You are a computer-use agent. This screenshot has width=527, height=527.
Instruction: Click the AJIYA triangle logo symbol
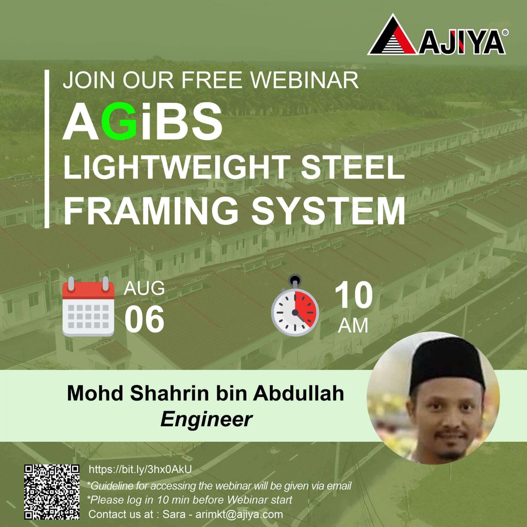click(x=393, y=37)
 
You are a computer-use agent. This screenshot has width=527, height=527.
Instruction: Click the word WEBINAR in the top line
click(x=305, y=80)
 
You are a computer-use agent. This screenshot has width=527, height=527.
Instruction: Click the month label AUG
click(x=144, y=288)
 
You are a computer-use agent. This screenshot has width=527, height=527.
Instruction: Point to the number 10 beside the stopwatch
click(x=353, y=295)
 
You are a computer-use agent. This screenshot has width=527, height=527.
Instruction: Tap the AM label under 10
click(x=353, y=325)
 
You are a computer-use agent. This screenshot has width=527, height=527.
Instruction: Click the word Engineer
click(x=206, y=419)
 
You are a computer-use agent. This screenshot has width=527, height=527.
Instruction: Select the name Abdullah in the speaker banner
click(x=298, y=393)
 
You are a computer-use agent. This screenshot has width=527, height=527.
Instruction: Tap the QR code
click(x=52, y=492)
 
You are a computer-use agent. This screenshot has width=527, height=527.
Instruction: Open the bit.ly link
click(x=140, y=469)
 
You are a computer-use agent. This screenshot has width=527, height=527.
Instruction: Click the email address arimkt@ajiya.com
click(x=239, y=514)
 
